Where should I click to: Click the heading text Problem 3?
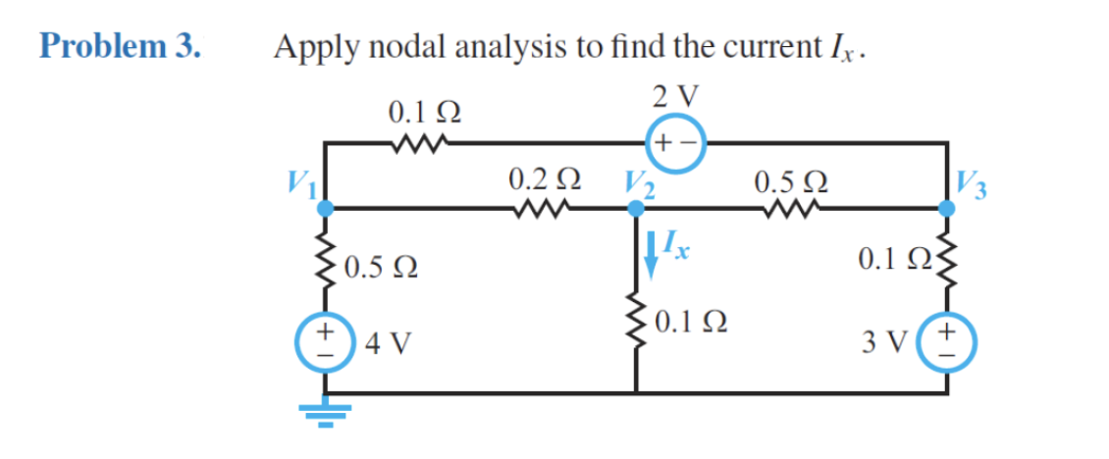pyautogui.click(x=121, y=46)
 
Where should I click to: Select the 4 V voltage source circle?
pyautogui.click(x=325, y=342)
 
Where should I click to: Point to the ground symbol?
pyautogui.click(x=325, y=416)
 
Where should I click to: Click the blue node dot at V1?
pyautogui.click(x=325, y=208)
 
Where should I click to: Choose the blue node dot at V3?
pyautogui.click(x=947, y=208)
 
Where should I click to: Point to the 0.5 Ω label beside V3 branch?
pyautogui.click(x=788, y=181)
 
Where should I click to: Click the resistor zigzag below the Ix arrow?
pyautogui.click(x=636, y=317)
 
